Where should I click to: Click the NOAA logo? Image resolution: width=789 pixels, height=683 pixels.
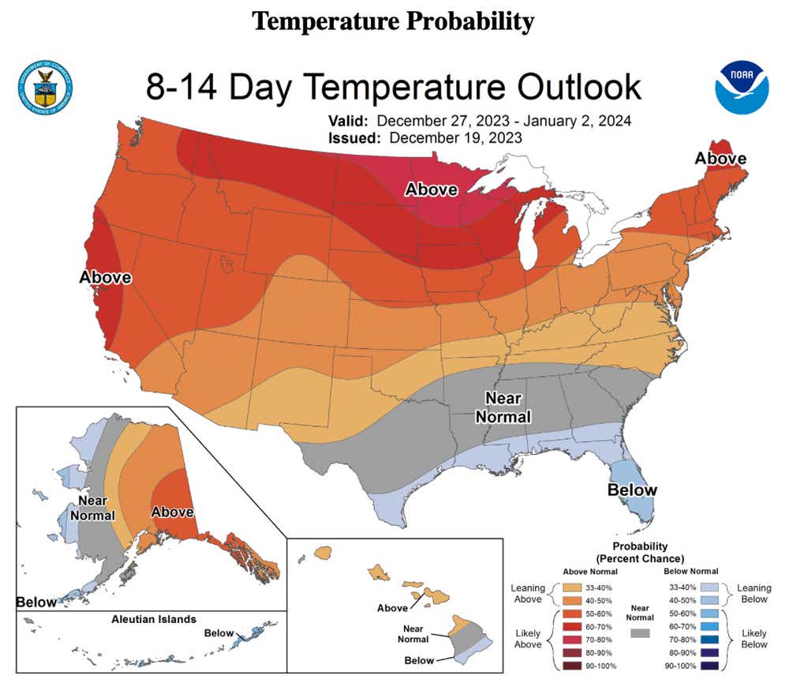click(x=741, y=88)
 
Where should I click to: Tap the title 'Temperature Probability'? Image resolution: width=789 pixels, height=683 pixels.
click(x=393, y=21)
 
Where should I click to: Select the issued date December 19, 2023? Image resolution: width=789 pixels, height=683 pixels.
click(x=455, y=137)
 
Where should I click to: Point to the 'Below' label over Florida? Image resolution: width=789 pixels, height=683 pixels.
click(x=631, y=490)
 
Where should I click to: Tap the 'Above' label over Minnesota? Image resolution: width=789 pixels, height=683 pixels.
click(x=432, y=190)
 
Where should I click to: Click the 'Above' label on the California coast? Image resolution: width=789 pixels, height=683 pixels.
click(x=105, y=278)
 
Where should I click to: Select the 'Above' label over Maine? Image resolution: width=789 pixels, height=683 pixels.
click(x=720, y=159)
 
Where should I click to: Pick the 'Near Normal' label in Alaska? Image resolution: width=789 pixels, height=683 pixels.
click(x=93, y=508)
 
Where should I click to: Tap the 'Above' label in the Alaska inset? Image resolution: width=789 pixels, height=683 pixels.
click(x=172, y=512)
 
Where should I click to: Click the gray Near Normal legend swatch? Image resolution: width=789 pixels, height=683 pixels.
click(x=641, y=633)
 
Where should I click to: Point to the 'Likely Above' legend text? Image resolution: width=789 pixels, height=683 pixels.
click(x=528, y=640)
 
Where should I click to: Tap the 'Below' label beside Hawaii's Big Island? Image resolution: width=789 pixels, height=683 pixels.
click(x=419, y=660)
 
